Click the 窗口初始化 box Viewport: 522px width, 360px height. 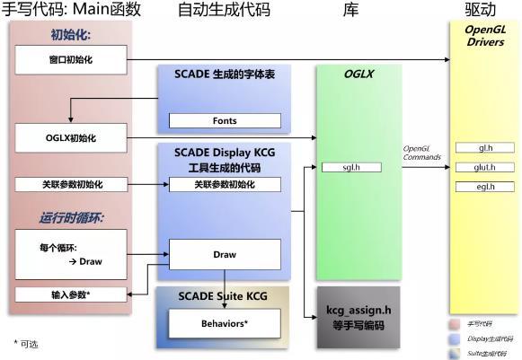click(70, 60)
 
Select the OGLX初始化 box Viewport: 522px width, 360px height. click(70, 137)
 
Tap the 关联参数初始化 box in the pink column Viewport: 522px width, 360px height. click(70, 184)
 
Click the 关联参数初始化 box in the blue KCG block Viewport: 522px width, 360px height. click(225, 184)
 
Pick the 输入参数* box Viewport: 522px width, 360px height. click(70, 294)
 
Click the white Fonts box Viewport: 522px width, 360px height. click(225, 120)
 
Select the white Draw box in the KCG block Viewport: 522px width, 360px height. click(225, 254)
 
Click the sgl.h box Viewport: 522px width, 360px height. click(351, 167)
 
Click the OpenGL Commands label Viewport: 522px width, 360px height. click(422, 152)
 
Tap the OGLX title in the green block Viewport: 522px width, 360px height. click(358, 75)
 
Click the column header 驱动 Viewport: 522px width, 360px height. click(482, 10)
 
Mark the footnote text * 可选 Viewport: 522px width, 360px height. click(26, 344)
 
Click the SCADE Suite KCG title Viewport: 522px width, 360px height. click(223, 295)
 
